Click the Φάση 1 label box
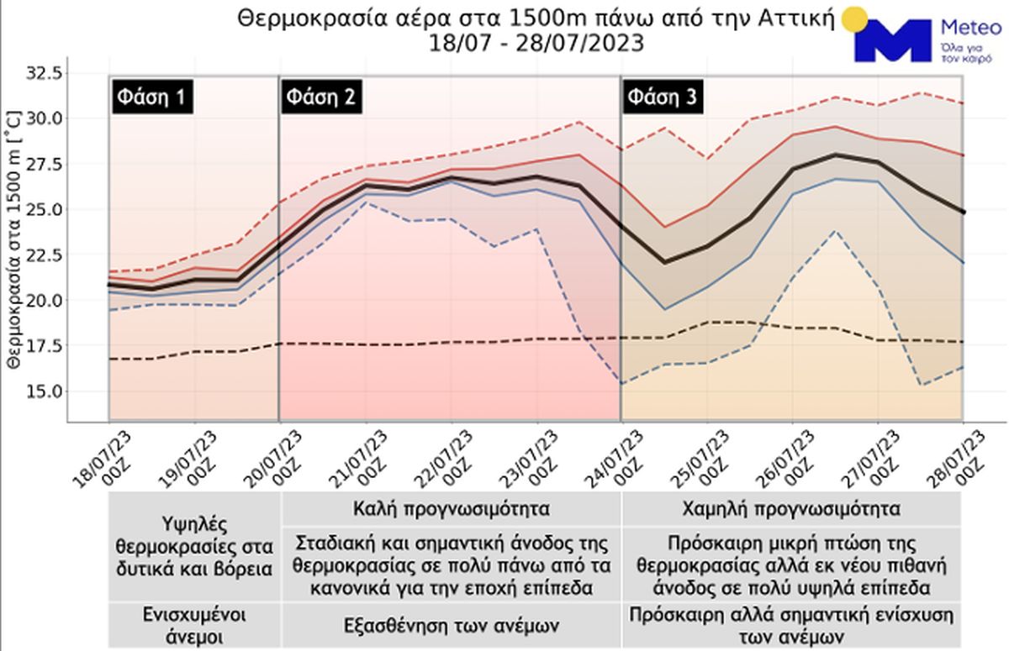pyautogui.click(x=152, y=97)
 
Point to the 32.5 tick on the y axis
pyautogui.click(x=45, y=73)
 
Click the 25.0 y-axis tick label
pyautogui.click(x=45, y=208)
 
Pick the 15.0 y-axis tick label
pyautogui.click(x=45, y=391)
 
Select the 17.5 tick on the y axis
pyautogui.click(x=45, y=345)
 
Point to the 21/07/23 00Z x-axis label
pyautogui.click(x=357, y=458)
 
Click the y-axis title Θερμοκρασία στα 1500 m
pyautogui.click(x=13, y=244)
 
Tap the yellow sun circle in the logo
pyautogui.click(x=854, y=18)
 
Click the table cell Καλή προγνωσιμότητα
pyautogui.click(x=452, y=509)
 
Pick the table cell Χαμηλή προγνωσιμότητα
pyautogui.click(x=791, y=509)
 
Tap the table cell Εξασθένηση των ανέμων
pyautogui.click(x=452, y=625)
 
